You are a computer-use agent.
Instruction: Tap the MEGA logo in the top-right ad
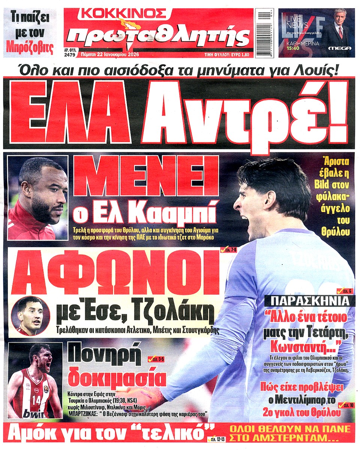339,48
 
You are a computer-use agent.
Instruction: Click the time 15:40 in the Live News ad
294,49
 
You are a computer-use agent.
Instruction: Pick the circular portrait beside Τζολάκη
31,316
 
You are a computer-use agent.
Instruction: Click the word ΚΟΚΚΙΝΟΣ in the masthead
123,14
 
